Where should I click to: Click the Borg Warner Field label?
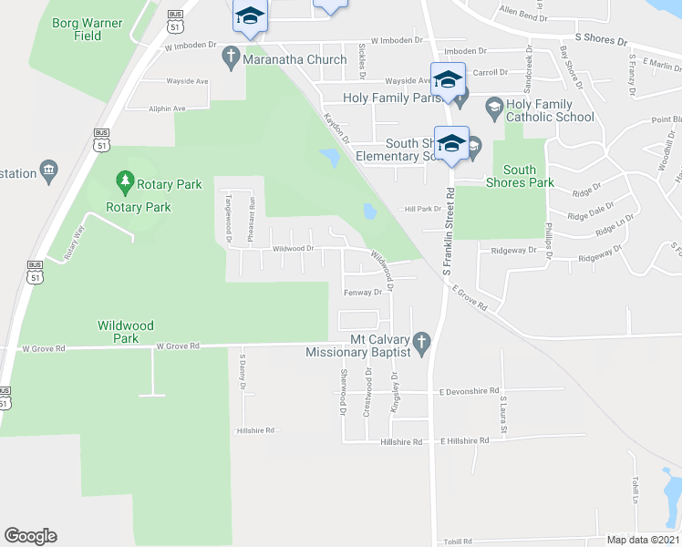[x=88, y=28]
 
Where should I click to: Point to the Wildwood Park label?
[x=127, y=331]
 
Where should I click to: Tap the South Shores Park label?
[x=519, y=176]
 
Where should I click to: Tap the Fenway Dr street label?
[x=362, y=293]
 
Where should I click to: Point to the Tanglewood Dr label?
[x=227, y=219]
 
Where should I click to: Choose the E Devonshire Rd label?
[x=469, y=391]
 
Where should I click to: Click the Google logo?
[x=30, y=536]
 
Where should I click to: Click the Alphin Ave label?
[x=167, y=108]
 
